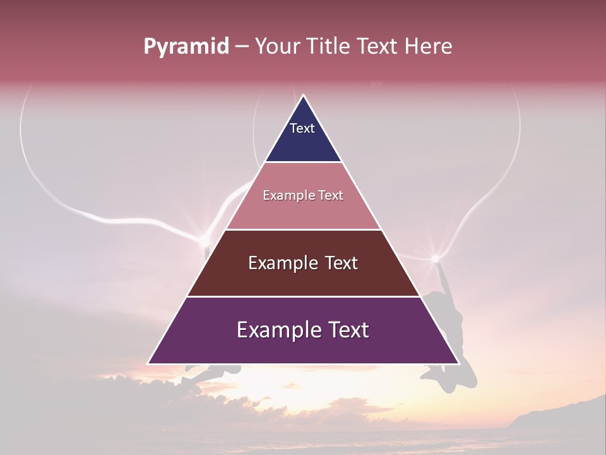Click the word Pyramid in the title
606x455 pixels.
[186, 47]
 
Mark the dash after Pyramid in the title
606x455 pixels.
[242, 47]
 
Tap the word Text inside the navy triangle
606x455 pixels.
[302, 128]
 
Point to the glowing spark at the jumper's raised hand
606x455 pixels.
[435, 258]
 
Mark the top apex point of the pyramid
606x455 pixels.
[304, 95]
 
